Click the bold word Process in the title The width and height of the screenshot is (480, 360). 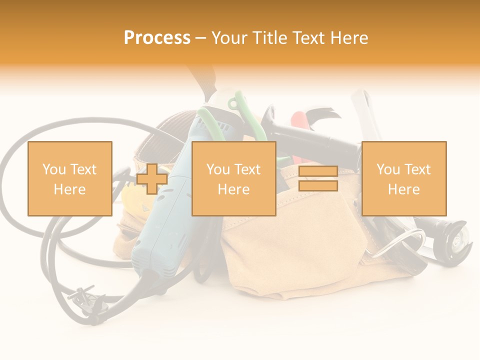coord(157,38)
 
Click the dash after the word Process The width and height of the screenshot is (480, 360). coord(200,38)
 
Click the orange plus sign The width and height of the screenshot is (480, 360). coord(152,179)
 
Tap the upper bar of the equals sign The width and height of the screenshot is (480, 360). coord(318,171)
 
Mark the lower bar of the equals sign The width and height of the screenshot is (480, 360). coord(318,186)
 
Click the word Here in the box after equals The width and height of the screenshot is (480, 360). coord(403,189)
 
